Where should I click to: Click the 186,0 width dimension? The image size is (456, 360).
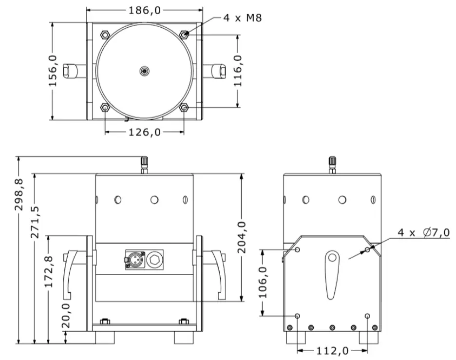coord(145,9)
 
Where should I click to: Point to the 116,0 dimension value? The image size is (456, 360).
coord(238,71)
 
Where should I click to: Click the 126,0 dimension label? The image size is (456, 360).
coord(145,132)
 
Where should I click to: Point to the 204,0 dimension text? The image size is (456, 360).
coord(242,237)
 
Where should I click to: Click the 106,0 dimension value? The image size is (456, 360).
coord(263,282)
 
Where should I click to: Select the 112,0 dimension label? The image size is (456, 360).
coord(332,350)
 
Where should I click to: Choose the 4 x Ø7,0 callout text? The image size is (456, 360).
coord(423,233)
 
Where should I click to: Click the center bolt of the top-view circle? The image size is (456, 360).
coord(145,71)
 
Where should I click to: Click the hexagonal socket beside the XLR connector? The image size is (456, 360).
coord(154,259)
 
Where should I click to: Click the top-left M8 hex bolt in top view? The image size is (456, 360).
coord(105,35)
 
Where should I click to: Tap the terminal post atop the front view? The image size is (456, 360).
coord(145,164)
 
